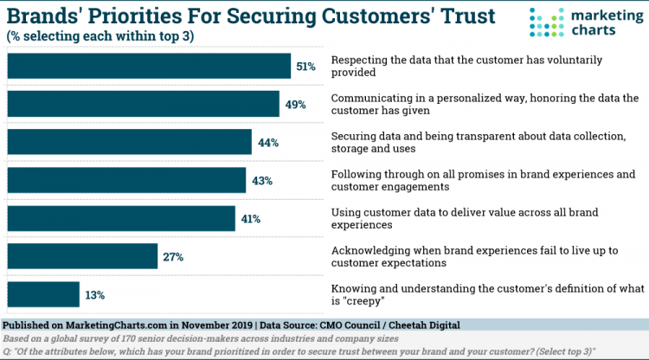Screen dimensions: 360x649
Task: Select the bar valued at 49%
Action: (143, 104)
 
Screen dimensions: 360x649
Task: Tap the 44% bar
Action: (129, 142)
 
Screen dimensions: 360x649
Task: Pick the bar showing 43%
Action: (126, 180)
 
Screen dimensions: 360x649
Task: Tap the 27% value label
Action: (173, 256)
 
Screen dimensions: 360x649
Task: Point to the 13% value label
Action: (95, 294)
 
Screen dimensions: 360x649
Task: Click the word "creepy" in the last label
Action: (363, 301)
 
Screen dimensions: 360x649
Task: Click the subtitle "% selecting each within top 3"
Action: (99, 35)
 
